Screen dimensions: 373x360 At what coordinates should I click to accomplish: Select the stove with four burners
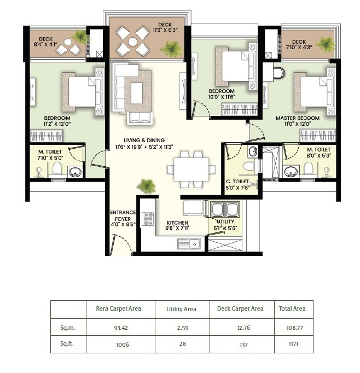[148, 219]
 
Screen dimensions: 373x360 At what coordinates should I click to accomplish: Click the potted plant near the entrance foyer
[146, 186]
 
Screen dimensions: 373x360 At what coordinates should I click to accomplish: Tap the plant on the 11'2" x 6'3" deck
[171, 49]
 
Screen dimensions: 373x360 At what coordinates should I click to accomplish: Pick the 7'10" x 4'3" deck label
[299, 45]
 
